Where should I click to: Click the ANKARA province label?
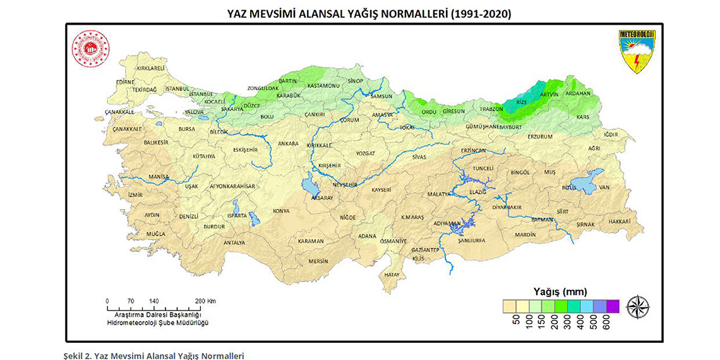pyautogui.click(x=288, y=143)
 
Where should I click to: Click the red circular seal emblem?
pyautogui.click(x=90, y=49)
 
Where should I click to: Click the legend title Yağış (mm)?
pyautogui.click(x=560, y=292)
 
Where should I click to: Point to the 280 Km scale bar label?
pyautogui.click(x=205, y=301)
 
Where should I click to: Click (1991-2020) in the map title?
pyautogui.click(x=474, y=13)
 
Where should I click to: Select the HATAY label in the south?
pyautogui.click(x=392, y=275)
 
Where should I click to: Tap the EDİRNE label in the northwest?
pyautogui.click(x=126, y=82)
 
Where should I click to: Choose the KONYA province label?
pyautogui.click(x=280, y=211)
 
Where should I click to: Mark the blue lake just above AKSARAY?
pyautogui.click(x=311, y=186)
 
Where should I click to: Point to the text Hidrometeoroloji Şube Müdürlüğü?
pyautogui.click(x=157, y=322)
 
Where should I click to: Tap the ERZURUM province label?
pyautogui.click(x=540, y=136)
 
